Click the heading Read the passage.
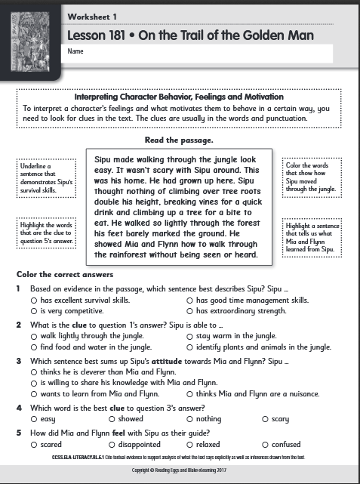click(180, 140)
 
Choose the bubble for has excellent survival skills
click(34, 300)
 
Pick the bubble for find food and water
click(34, 347)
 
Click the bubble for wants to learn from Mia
click(34, 393)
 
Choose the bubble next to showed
click(112, 418)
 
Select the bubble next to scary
click(264, 418)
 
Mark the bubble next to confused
click(264, 445)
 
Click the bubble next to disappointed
click(112, 445)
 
